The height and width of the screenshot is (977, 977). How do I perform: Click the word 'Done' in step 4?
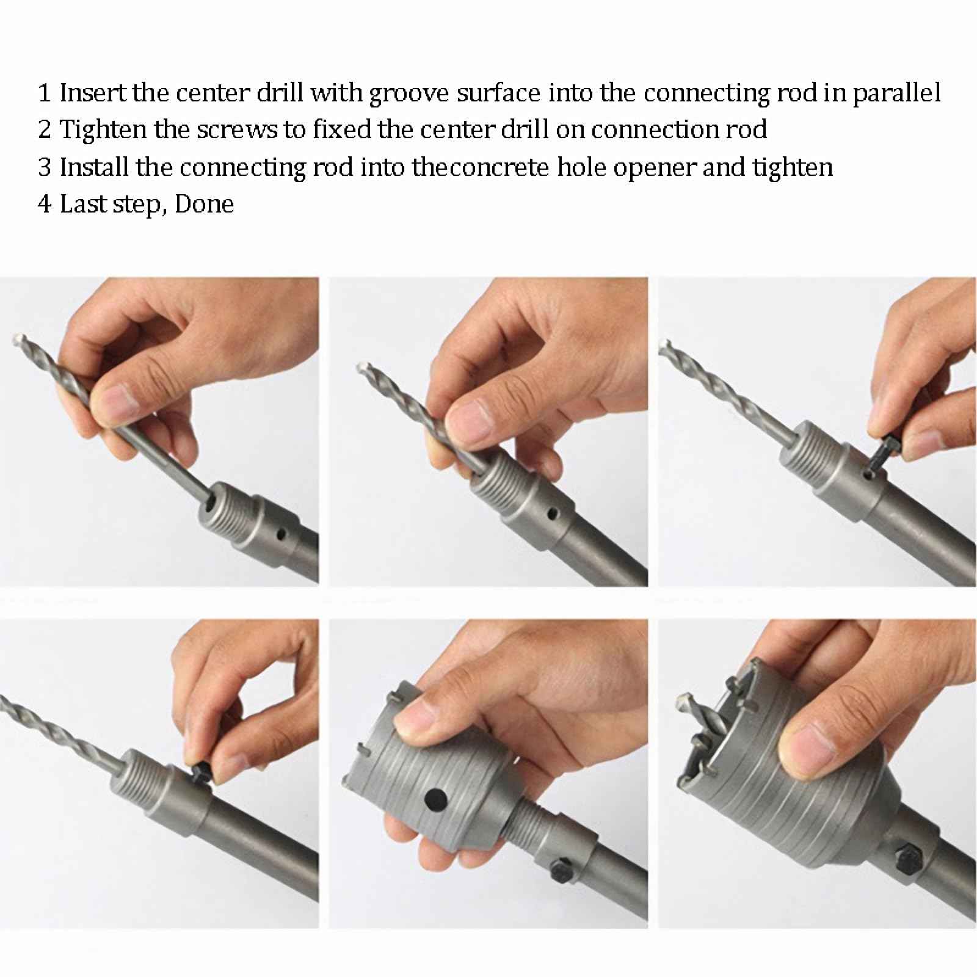pos(204,204)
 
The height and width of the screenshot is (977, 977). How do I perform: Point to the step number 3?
pos(45,167)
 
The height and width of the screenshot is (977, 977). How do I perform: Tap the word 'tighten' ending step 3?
pos(792,167)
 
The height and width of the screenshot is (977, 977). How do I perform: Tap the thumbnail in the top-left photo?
pos(118,401)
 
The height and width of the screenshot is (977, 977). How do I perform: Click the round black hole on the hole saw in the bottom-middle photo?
pos(435,798)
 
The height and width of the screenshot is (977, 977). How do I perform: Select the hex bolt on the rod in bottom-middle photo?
pos(560,868)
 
